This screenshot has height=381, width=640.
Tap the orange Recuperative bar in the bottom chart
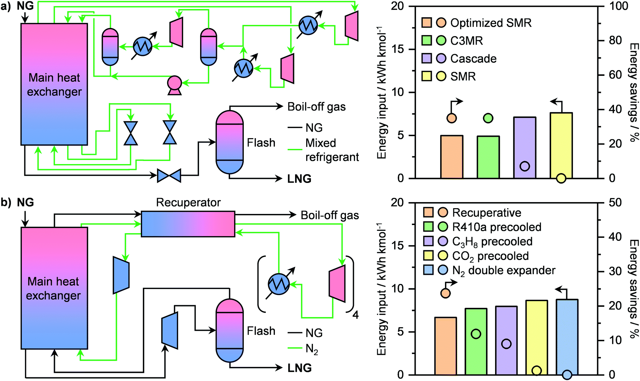point(445,347)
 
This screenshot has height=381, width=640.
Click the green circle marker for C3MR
point(488,118)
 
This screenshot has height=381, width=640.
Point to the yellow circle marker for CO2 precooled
point(537,371)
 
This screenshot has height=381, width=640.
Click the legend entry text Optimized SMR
point(491,23)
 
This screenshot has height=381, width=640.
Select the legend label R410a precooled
point(497,227)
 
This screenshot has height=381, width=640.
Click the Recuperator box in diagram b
point(188,224)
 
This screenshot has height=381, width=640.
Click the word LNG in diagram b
point(299,368)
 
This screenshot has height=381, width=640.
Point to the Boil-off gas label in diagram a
point(316,107)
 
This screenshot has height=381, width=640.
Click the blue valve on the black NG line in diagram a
point(169,176)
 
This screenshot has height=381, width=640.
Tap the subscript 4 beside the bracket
point(355,315)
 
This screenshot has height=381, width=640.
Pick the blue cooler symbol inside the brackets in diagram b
point(279,284)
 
